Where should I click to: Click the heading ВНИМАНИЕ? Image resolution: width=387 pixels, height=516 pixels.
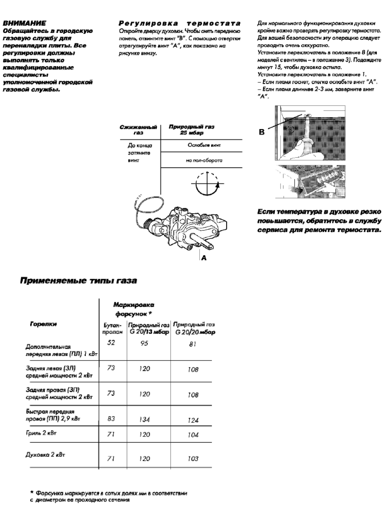pos(24,23)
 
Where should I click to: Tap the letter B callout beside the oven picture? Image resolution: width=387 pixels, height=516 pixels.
pos(262,132)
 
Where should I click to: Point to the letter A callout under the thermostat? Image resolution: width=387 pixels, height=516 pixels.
pos(204,258)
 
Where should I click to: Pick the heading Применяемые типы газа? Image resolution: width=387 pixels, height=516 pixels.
pos(78,281)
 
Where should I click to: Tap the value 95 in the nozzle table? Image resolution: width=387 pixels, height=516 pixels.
pos(144,343)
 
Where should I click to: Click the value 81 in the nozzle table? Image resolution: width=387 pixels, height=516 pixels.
pos(192,344)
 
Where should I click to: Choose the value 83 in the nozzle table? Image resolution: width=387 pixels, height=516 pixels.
pos(111,419)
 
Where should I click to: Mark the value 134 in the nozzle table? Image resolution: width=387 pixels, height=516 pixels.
pos(144,420)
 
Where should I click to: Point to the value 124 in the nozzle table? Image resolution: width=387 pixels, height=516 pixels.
pos(193,420)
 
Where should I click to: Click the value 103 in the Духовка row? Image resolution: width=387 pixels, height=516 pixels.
pos(193,459)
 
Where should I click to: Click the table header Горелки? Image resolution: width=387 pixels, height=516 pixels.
pos(43,324)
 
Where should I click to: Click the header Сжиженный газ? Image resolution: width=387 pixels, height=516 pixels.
pos(138,130)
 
